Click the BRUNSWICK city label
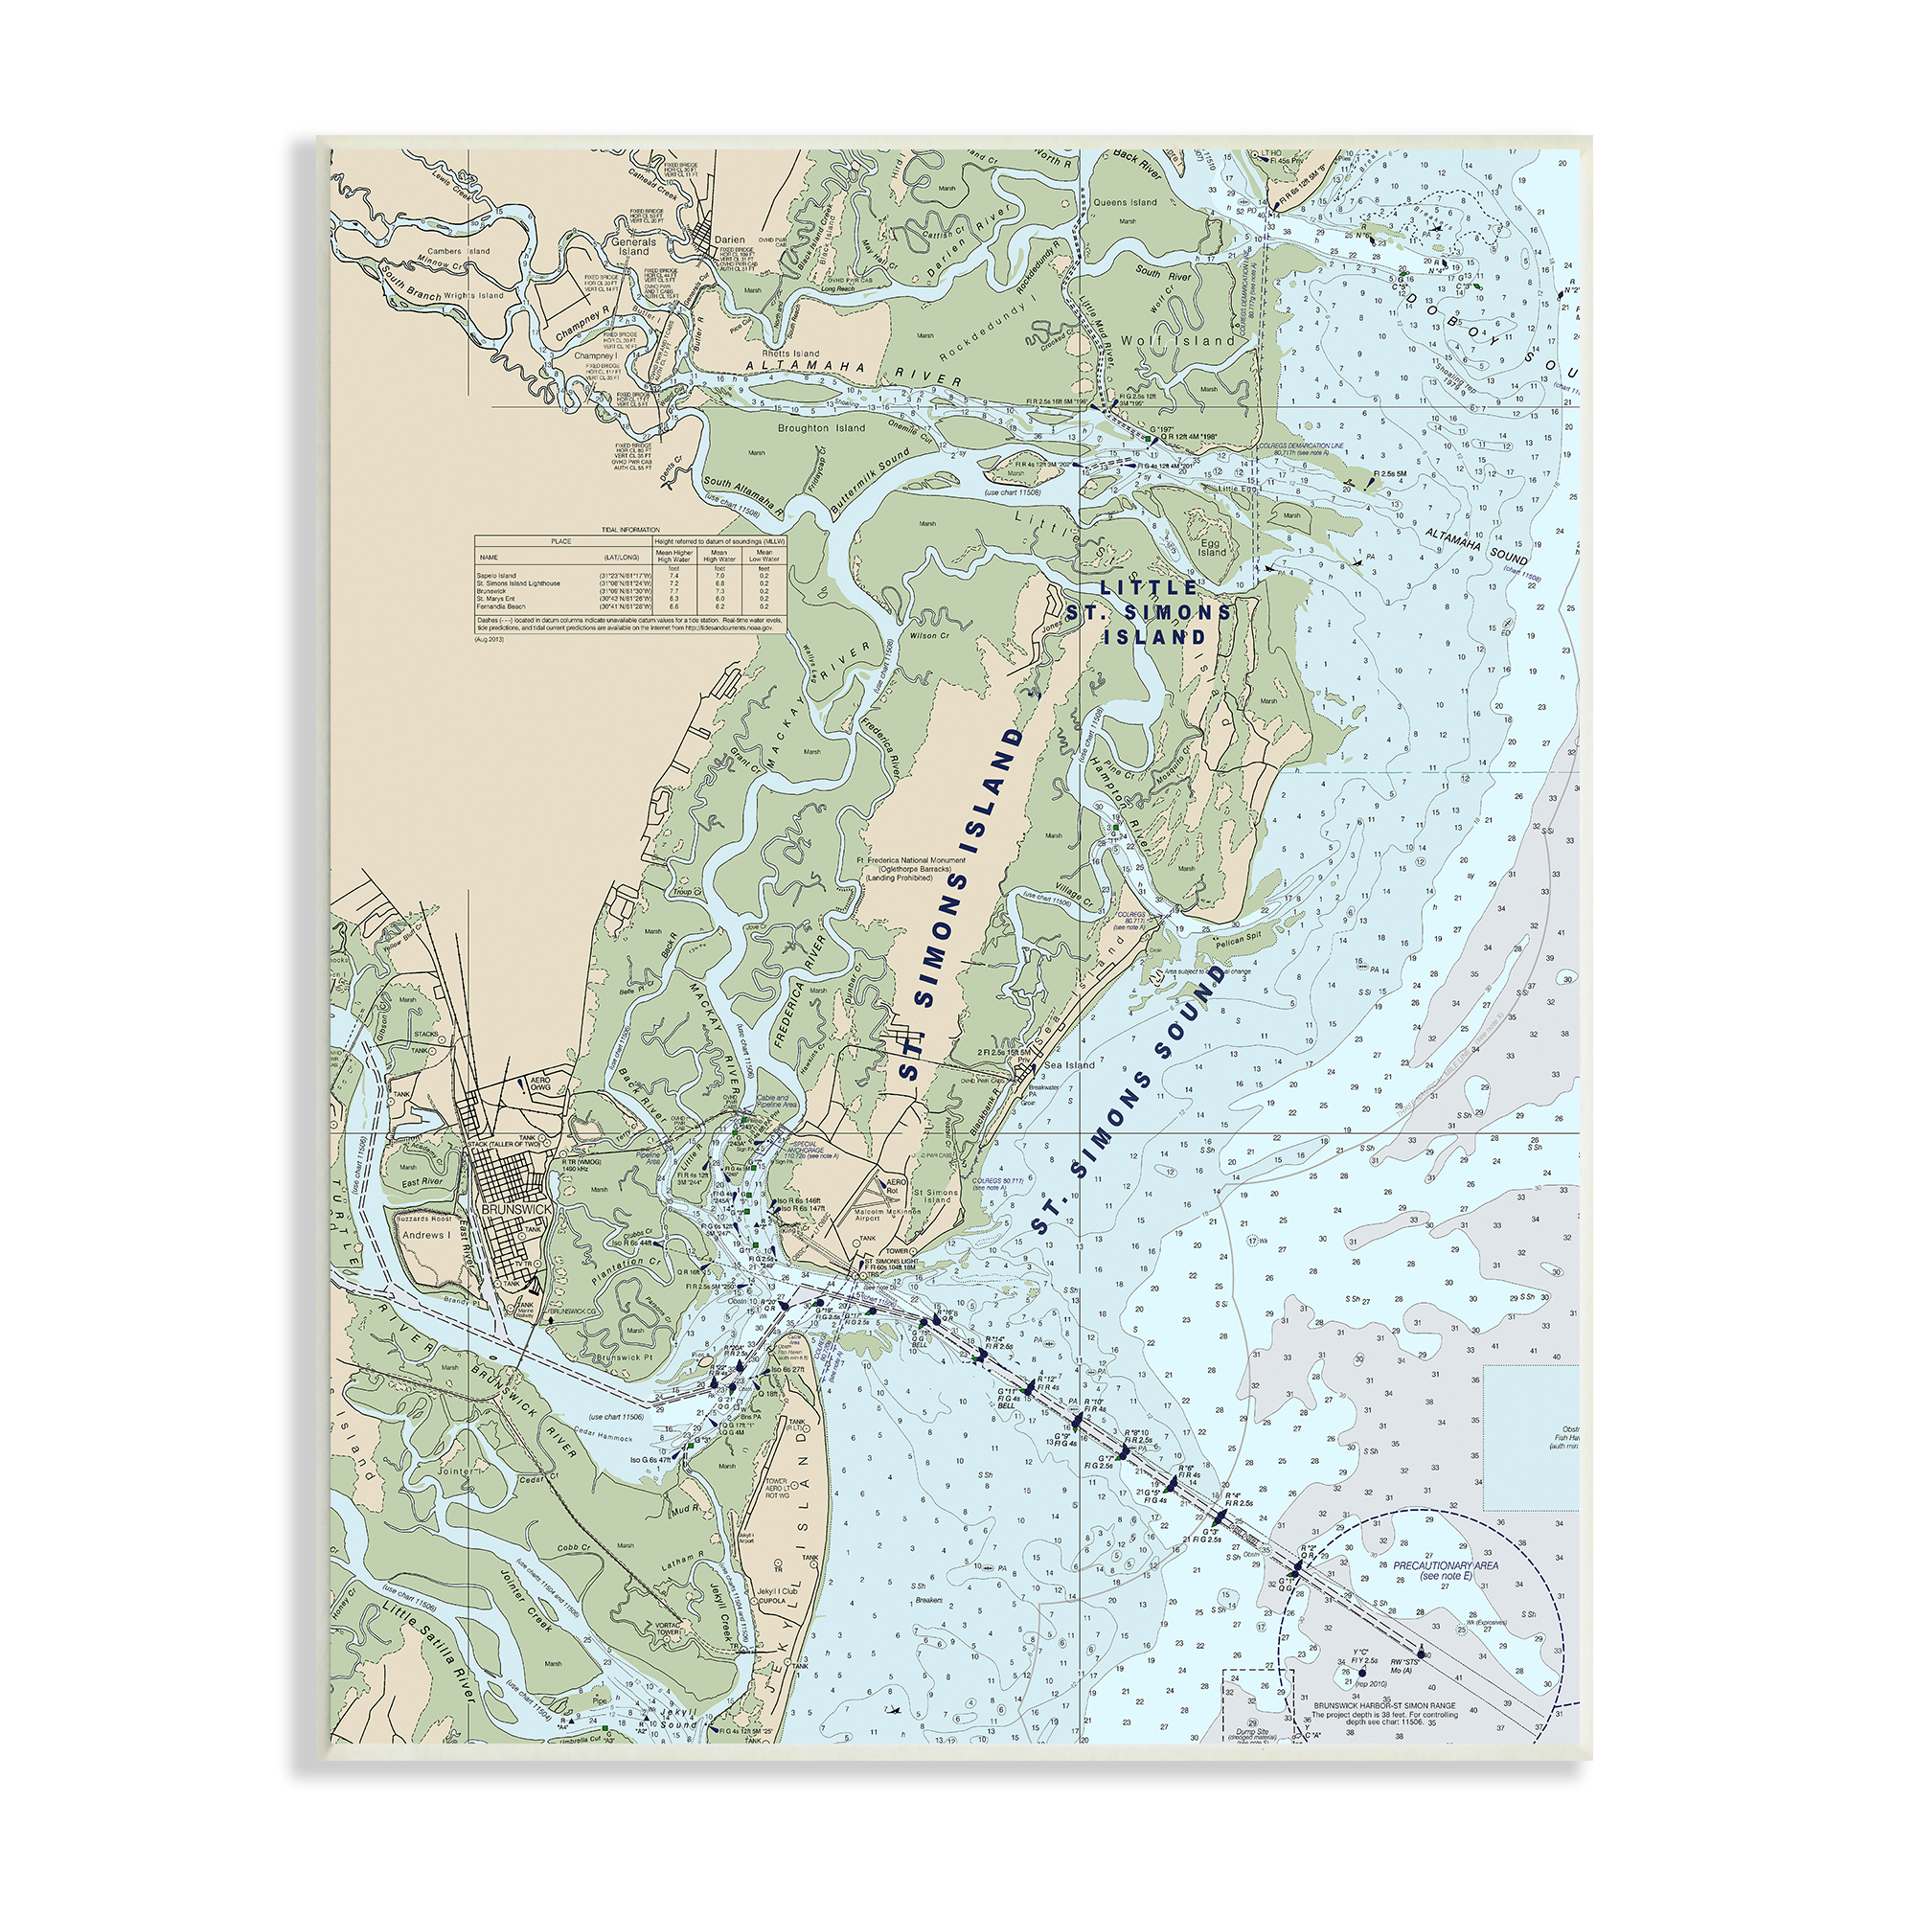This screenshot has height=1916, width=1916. [x=515, y=1210]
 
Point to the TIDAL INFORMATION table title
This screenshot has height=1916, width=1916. [x=630, y=530]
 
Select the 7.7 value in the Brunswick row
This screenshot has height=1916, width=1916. [x=674, y=591]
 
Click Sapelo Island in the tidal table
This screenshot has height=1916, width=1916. [x=497, y=575]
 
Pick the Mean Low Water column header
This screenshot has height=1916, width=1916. [x=764, y=556]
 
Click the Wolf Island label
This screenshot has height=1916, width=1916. [x=1178, y=340]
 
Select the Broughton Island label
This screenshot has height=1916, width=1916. [x=821, y=428]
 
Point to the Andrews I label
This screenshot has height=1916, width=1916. [x=425, y=1236]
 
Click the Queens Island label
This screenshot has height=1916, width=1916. [x=1125, y=202]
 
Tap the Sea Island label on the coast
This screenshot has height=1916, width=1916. [x=1069, y=1065]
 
